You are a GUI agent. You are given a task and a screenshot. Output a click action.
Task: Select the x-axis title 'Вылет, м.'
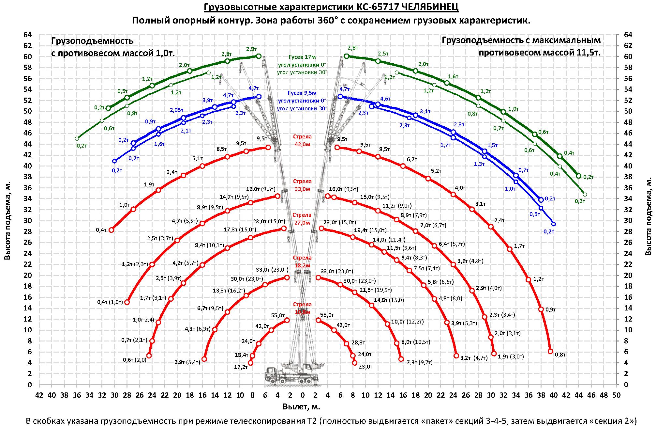coord(302,407)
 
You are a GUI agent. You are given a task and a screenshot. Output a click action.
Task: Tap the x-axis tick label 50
coord(616,395)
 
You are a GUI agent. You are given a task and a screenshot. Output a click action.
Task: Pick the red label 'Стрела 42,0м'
coord(302,141)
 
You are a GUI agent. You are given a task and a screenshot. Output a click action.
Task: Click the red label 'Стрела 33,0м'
coord(302,185)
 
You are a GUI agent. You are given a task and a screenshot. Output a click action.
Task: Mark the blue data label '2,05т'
coord(176,110)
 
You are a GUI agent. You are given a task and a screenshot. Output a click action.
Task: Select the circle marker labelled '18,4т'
coord(252,356)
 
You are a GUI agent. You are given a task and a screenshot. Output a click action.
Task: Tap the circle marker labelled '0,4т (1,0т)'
coord(127,302)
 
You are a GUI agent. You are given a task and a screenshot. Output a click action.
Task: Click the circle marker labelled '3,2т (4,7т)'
coord(456,356)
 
